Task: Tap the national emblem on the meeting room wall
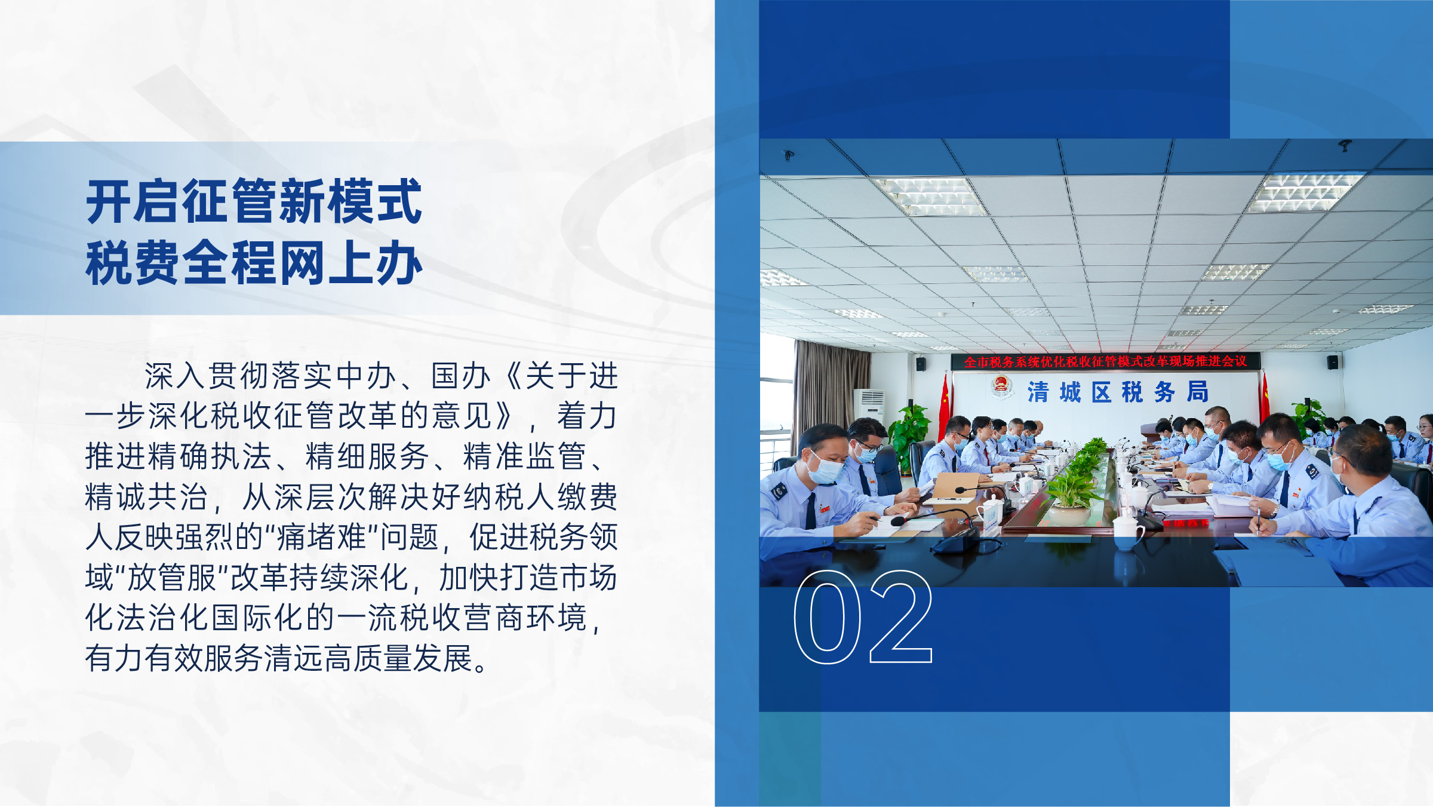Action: pos(1001,387)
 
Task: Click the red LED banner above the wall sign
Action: pos(1105,361)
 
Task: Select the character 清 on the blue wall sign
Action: pos(1038,392)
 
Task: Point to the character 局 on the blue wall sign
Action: pos(1198,392)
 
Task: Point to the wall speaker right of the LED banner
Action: pos(1333,362)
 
